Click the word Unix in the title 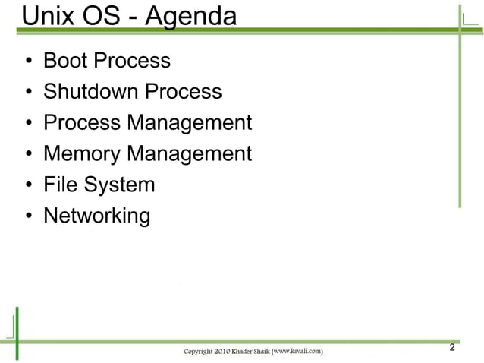pyautogui.click(x=46, y=16)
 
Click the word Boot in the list pyautogui.click(x=64, y=61)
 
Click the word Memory pyautogui.click(x=82, y=154)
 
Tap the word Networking pyautogui.click(x=97, y=216)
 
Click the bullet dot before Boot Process pyautogui.click(x=28, y=62)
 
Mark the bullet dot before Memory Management pyautogui.click(x=28, y=155)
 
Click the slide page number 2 pyautogui.click(x=452, y=348)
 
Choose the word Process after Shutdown pyautogui.click(x=184, y=92)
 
